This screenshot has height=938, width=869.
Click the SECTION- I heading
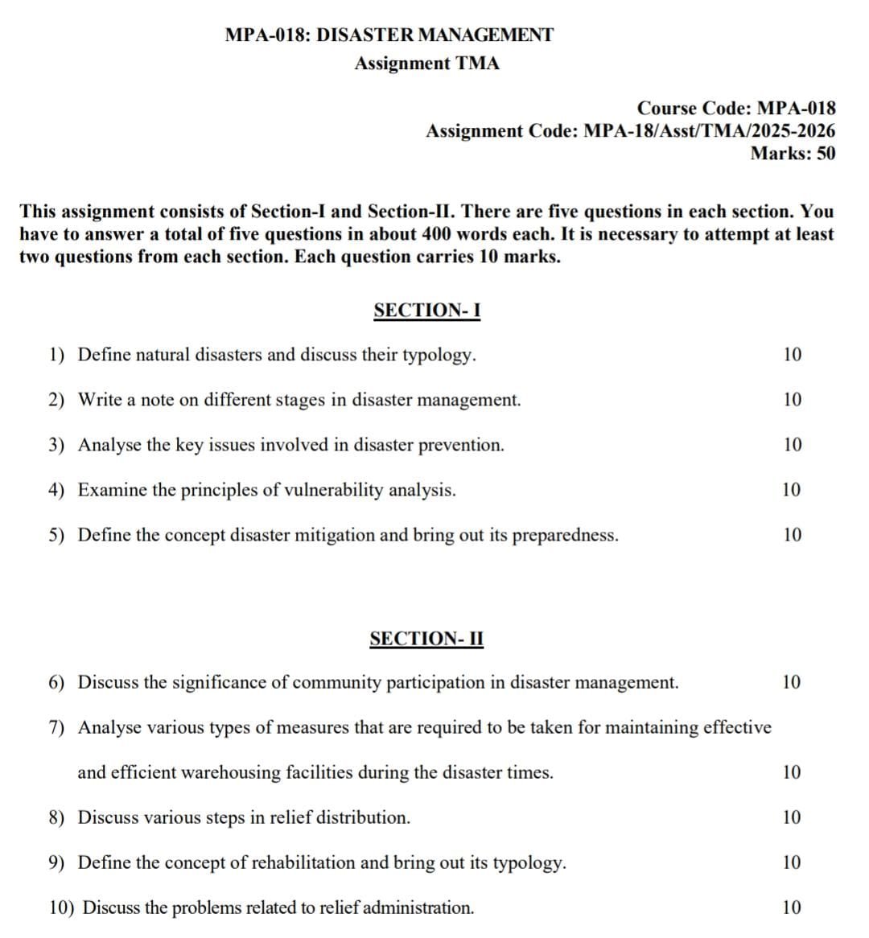(x=426, y=311)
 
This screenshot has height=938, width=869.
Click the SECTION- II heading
(x=426, y=639)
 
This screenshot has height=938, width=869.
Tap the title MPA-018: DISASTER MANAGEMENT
(x=389, y=35)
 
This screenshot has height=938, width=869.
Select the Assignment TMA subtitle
(x=426, y=64)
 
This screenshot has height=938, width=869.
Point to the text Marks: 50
(x=793, y=154)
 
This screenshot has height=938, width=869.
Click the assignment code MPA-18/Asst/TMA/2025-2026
(x=709, y=131)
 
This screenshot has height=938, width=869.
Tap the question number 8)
(x=56, y=818)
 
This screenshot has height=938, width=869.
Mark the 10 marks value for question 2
(x=792, y=400)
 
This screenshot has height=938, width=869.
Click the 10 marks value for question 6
(x=792, y=683)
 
